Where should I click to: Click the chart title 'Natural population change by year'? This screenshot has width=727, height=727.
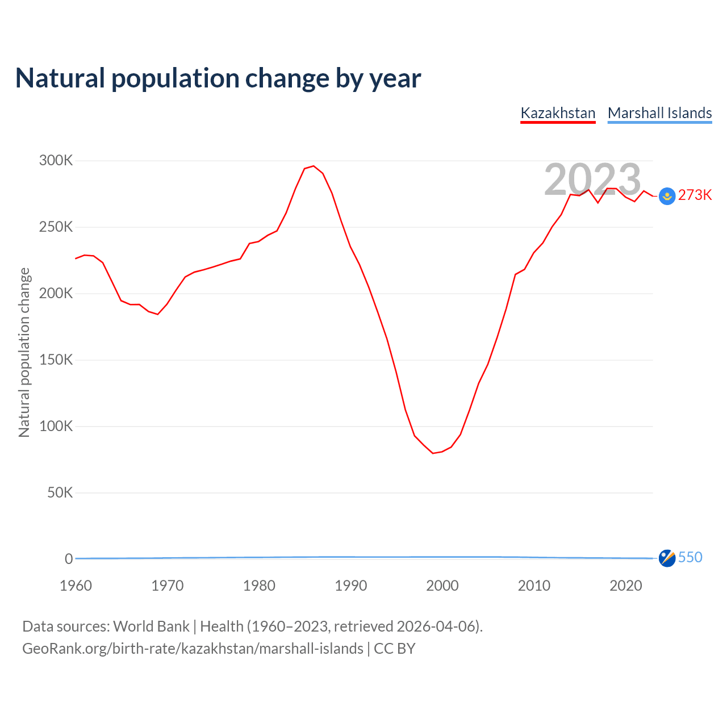(218, 78)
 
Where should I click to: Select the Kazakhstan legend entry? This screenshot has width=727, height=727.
(558, 113)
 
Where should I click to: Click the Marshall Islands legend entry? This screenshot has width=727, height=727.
(659, 113)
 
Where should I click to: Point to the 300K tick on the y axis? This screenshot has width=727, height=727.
(56, 161)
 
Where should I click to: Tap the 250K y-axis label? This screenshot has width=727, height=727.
(56, 227)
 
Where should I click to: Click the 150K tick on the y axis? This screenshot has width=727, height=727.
(56, 360)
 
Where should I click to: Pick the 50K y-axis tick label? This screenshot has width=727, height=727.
(60, 492)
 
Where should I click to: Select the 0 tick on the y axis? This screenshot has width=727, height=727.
(69, 559)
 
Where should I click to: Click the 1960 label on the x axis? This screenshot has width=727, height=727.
(76, 586)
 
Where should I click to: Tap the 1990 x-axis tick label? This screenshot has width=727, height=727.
(351, 586)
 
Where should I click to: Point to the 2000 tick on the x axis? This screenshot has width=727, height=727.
(442, 586)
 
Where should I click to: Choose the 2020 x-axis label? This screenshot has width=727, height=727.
(626, 586)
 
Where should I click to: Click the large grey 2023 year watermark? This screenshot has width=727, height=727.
(592, 179)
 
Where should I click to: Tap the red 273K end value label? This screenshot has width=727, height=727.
(695, 195)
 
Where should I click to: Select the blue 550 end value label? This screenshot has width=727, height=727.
(690, 557)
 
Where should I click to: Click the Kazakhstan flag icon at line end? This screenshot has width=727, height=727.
(667, 196)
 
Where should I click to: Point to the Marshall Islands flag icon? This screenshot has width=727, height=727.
(667, 558)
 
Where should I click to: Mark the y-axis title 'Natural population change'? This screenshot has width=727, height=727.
(24, 352)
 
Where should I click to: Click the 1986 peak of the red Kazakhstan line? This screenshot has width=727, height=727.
(314, 166)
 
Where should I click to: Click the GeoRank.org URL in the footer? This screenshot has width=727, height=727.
(193, 649)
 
